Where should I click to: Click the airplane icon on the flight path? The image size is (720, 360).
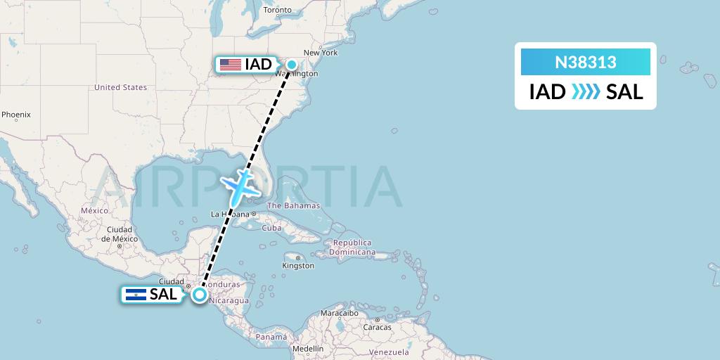coord(240,184)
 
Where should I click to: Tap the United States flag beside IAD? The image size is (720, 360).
coord(230,65)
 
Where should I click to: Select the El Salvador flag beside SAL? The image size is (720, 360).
coord(135,295)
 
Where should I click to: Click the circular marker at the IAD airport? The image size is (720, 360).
coord(291,65)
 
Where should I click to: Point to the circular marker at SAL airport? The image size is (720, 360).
coord(200,295)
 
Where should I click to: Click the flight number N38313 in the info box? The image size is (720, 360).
coord(585,62)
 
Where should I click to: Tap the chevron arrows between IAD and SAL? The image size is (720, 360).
coord(585,91)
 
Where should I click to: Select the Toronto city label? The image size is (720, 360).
coord(276,10)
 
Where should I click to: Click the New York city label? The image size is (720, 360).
coord(321,53)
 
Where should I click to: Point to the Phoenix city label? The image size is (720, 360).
coord(15,114)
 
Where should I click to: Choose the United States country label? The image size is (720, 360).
coord(120,87)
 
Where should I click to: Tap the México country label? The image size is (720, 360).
coord(94,210)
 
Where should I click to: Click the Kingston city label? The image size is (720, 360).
coord(298,266)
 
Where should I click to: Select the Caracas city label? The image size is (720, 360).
coord(378,328)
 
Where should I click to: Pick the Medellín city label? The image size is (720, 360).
coord(309,348)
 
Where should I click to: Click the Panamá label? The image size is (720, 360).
coord(271,337)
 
